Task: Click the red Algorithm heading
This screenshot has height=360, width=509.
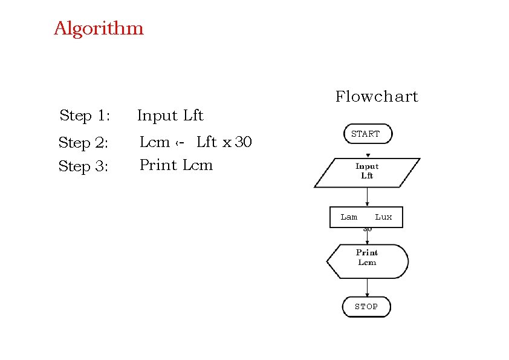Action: coord(99,28)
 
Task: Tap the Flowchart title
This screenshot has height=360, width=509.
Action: coord(377,97)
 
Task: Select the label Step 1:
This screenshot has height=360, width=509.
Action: coord(85,116)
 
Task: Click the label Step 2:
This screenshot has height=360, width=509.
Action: coord(83,143)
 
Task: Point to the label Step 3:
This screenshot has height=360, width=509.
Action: coord(83,166)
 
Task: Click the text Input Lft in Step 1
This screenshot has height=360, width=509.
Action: coord(170,116)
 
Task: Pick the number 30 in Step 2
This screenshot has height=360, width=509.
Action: coord(243,143)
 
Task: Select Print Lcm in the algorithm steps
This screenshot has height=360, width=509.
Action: coord(176,165)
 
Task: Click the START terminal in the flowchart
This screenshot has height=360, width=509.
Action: coord(367,134)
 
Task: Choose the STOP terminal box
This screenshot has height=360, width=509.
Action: coord(366,307)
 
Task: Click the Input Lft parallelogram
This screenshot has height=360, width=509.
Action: coord(367,172)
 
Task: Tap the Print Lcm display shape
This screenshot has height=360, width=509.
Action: coord(367,258)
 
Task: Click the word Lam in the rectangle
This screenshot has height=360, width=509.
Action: coord(349,217)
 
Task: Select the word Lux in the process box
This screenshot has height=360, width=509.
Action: coord(383,217)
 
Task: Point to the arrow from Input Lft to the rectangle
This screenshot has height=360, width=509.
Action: coord(367,197)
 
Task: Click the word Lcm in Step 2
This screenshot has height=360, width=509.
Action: coord(154,143)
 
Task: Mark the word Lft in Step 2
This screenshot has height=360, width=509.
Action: coord(207,143)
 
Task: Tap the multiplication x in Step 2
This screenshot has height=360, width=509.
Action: coord(227,143)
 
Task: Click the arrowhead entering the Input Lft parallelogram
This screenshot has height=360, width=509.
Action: coord(368,155)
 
